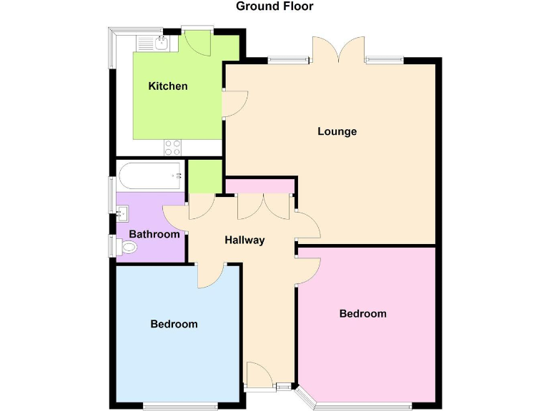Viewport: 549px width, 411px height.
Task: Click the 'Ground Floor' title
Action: click(274, 6)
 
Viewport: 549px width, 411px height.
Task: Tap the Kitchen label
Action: click(168, 86)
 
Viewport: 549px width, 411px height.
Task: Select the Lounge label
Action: click(337, 131)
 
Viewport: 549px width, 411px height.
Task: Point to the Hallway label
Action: click(244, 240)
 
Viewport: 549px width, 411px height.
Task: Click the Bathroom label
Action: click(154, 234)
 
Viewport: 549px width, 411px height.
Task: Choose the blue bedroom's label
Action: click(174, 324)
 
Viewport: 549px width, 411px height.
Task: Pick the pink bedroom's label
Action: click(362, 313)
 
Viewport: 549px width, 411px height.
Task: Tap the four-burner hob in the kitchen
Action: click(173, 147)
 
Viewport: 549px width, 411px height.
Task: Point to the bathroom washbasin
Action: click(122, 212)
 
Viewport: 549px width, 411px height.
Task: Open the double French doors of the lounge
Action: click(340, 50)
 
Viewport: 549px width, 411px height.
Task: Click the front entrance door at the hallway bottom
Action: click(257, 375)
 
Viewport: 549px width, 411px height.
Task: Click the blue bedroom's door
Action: click(209, 275)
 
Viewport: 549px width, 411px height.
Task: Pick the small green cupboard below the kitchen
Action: click(205, 176)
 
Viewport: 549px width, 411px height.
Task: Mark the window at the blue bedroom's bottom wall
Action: click(179, 407)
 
